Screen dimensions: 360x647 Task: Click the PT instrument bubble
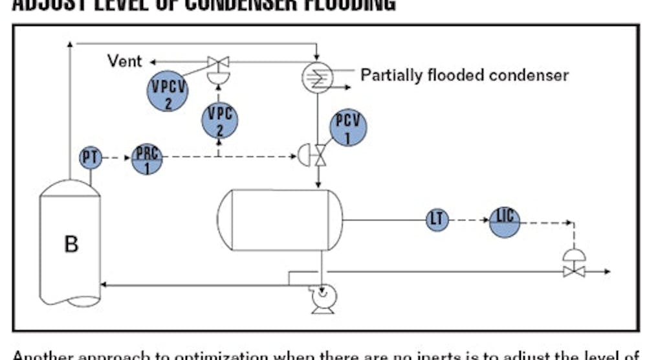91,157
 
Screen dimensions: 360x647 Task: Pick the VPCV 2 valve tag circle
168,91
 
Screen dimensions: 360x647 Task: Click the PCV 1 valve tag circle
349,128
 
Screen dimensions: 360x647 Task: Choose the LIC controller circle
504,221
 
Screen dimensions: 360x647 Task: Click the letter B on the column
71,244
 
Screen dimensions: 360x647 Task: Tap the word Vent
124,62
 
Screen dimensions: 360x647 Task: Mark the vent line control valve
218,63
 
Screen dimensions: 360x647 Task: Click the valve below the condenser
318,155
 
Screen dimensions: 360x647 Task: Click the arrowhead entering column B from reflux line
104,284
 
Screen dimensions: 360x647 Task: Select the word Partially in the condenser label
391,75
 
